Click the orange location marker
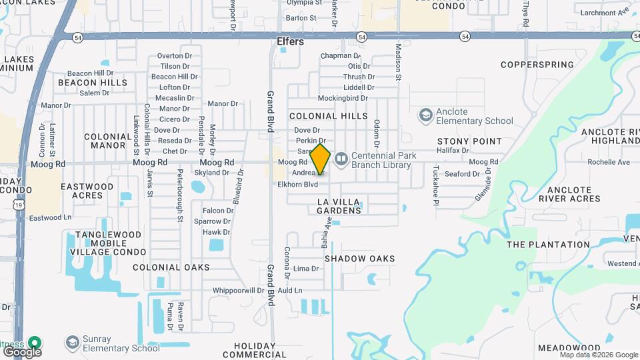(320, 159)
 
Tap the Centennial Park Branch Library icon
(341, 159)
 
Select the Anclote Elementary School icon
(425, 116)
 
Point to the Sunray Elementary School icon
(73, 343)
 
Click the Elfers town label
(290, 41)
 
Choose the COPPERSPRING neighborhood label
(537, 65)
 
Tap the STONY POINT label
(469, 141)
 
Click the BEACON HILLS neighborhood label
(93, 83)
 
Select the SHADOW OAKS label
(359, 259)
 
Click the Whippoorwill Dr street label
(239, 291)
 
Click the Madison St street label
(399, 62)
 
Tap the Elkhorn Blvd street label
(297, 184)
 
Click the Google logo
(22, 351)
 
